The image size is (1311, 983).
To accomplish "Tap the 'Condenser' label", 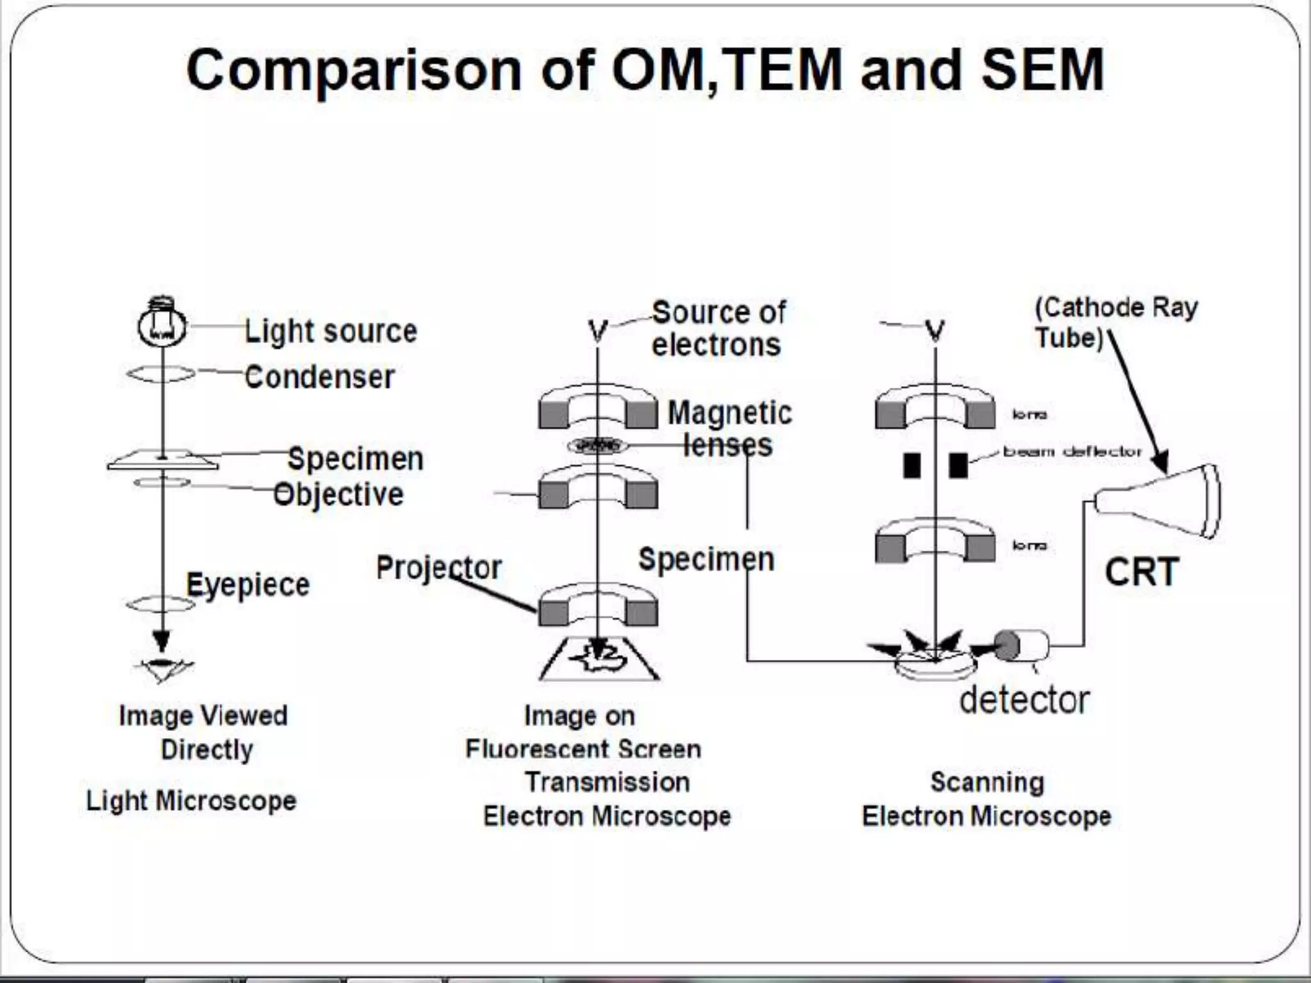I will click(x=319, y=377).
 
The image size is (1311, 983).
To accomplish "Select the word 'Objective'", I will click(x=339, y=495).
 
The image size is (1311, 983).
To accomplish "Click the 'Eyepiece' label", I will click(x=248, y=584).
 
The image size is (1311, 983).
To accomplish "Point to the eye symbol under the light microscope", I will click(x=163, y=667).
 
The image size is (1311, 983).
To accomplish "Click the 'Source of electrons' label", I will click(x=718, y=329).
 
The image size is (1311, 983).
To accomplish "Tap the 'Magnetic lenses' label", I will click(x=730, y=428).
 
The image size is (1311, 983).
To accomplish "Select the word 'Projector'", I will click(x=438, y=567).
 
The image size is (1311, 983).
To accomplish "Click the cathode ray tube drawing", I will click(x=1159, y=501).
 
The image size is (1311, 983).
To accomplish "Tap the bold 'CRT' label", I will click(x=1141, y=571).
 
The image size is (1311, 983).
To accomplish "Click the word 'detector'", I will click(x=1024, y=700).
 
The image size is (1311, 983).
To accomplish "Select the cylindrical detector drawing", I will click(x=1021, y=646).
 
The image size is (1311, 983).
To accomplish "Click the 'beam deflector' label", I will click(x=1072, y=451).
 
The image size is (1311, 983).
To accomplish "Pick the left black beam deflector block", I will click(x=912, y=465).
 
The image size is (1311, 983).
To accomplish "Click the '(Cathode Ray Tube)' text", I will click(x=1115, y=323).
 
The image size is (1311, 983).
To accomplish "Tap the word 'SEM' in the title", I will click(x=1043, y=70).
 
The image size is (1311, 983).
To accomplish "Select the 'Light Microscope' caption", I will click(x=191, y=801).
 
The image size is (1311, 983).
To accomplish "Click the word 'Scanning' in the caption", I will click(x=987, y=782).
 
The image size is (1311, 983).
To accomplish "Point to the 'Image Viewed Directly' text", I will click(x=204, y=732).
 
